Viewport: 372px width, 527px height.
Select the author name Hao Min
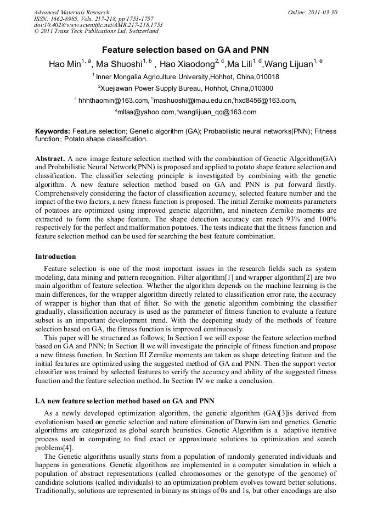[x=64, y=64]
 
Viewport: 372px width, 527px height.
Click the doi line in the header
[x=98, y=25]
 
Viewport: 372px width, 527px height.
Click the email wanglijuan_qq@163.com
[x=218, y=112]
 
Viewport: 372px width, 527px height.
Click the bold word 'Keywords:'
[x=53, y=132]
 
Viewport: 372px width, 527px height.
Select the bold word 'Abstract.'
[x=50, y=158]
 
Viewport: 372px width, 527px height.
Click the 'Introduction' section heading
[x=55, y=256]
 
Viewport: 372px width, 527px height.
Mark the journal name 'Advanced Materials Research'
[x=71, y=12]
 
